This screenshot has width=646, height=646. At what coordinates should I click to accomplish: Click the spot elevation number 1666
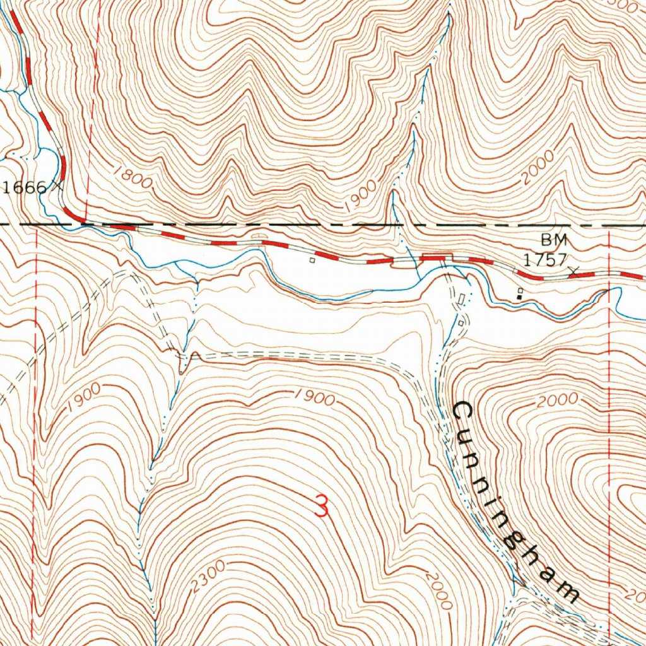click(x=24, y=187)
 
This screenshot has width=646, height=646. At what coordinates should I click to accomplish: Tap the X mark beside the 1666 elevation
click(x=58, y=186)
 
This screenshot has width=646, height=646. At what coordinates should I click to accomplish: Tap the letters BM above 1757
click(x=554, y=240)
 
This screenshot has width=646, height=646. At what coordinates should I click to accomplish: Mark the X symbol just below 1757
click(x=573, y=271)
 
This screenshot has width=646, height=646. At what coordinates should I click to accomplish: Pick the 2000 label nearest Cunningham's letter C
click(x=559, y=399)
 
